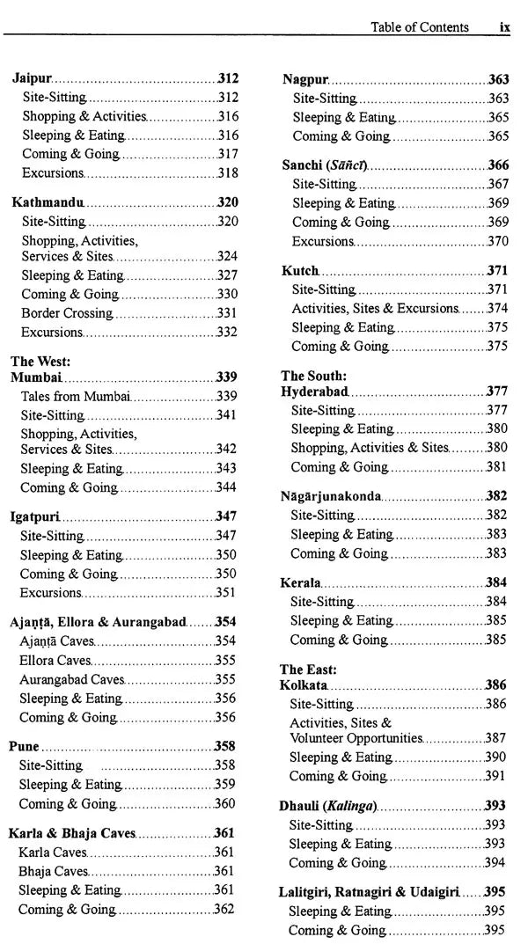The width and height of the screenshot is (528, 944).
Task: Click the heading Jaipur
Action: [32, 78]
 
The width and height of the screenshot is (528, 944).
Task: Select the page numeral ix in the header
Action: [504, 27]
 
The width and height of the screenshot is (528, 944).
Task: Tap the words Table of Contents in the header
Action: [420, 27]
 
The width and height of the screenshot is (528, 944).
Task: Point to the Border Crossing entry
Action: [67, 313]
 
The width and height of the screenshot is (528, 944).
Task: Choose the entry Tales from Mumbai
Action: [75, 396]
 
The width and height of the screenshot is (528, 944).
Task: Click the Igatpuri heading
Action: [34, 516]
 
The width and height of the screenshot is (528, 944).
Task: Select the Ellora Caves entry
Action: [55, 660]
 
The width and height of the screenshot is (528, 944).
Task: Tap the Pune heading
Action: [24, 746]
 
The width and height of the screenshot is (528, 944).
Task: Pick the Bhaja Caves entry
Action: [53, 871]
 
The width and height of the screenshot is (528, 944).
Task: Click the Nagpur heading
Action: [304, 79]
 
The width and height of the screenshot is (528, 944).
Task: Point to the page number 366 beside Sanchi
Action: [498, 165]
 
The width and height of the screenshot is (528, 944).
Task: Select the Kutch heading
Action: [300, 271]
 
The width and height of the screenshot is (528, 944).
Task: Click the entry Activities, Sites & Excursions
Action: [375, 308]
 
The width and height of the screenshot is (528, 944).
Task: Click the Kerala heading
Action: [300, 583]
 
